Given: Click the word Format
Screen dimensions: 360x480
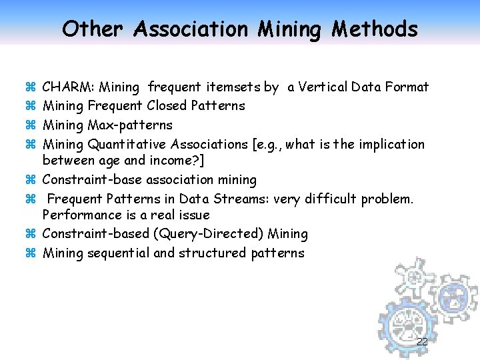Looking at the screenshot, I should click(404, 87).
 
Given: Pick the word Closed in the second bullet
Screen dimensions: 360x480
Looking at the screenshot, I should click(167, 106).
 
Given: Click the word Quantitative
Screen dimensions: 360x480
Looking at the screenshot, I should click(127, 145).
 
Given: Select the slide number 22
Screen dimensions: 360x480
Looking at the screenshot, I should click(421, 342).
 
